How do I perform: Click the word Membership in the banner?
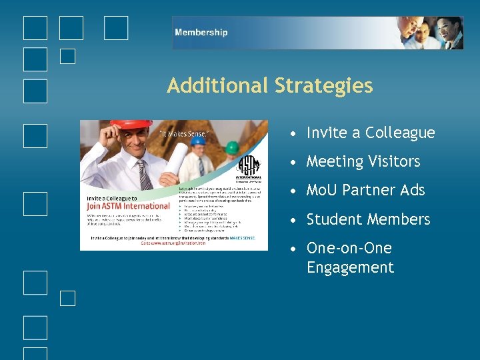pos(201,32)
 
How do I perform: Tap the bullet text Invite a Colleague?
pos(370,133)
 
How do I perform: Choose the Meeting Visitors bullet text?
pos(363,161)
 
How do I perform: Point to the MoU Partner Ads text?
pos(365,190)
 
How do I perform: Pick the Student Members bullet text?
pos(368,219)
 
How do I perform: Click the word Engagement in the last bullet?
pos(350,268)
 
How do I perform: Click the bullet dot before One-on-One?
pos(294,249)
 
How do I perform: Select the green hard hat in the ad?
pos(232,147)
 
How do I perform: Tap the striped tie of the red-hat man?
pos(144,175)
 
